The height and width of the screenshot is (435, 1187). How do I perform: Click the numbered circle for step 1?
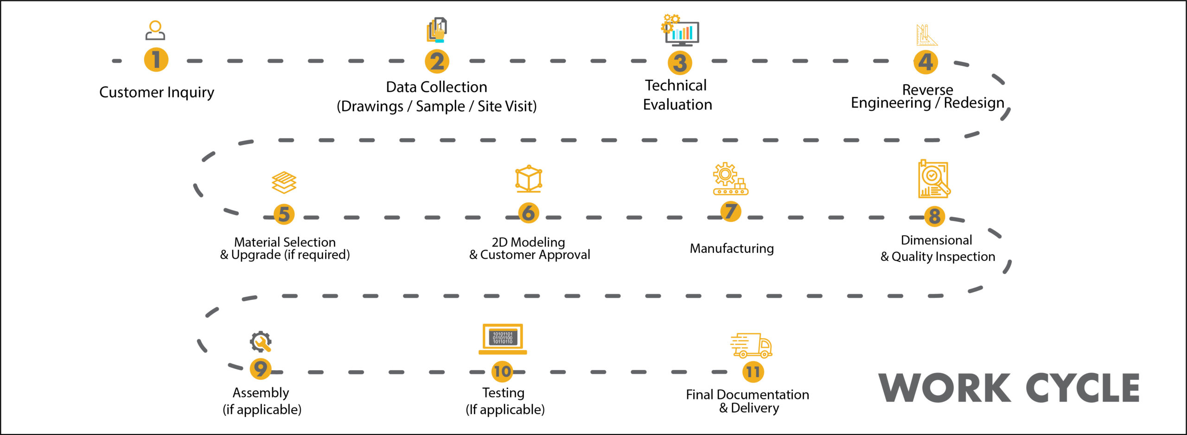pos(156,60)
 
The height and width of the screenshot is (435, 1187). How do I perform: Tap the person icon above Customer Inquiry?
pos(155,31)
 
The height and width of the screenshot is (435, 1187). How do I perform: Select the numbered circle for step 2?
pos(437,62)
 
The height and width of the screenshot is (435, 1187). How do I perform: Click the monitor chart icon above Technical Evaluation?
pos(680,31)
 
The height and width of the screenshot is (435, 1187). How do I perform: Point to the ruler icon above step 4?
pos(926,35)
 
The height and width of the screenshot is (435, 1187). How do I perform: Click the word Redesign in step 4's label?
pos(974,103)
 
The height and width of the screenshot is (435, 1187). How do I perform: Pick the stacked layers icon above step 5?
pos(284,183)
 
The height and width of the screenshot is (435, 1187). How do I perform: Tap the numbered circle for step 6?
pos(529,213)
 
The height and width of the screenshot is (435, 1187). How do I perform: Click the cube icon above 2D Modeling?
pos(529,179)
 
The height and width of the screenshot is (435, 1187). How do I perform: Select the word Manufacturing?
pos(732,249)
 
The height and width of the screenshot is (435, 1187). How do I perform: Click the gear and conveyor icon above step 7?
pos(731,179)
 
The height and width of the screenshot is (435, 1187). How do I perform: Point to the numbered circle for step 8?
pos(935,216)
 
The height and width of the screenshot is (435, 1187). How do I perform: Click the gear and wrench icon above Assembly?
pos(261,342)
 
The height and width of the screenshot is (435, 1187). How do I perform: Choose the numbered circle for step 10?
pos(502,372)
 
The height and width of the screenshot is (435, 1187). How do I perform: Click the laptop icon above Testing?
pos(503,339)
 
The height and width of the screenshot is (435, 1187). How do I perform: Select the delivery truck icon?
pos(751,345)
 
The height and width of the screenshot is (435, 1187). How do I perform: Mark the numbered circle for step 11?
pos(753,372)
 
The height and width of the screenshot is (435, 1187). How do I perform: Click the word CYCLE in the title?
pos(1082,388)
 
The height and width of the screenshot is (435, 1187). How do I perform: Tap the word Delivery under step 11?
pos(755,408)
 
